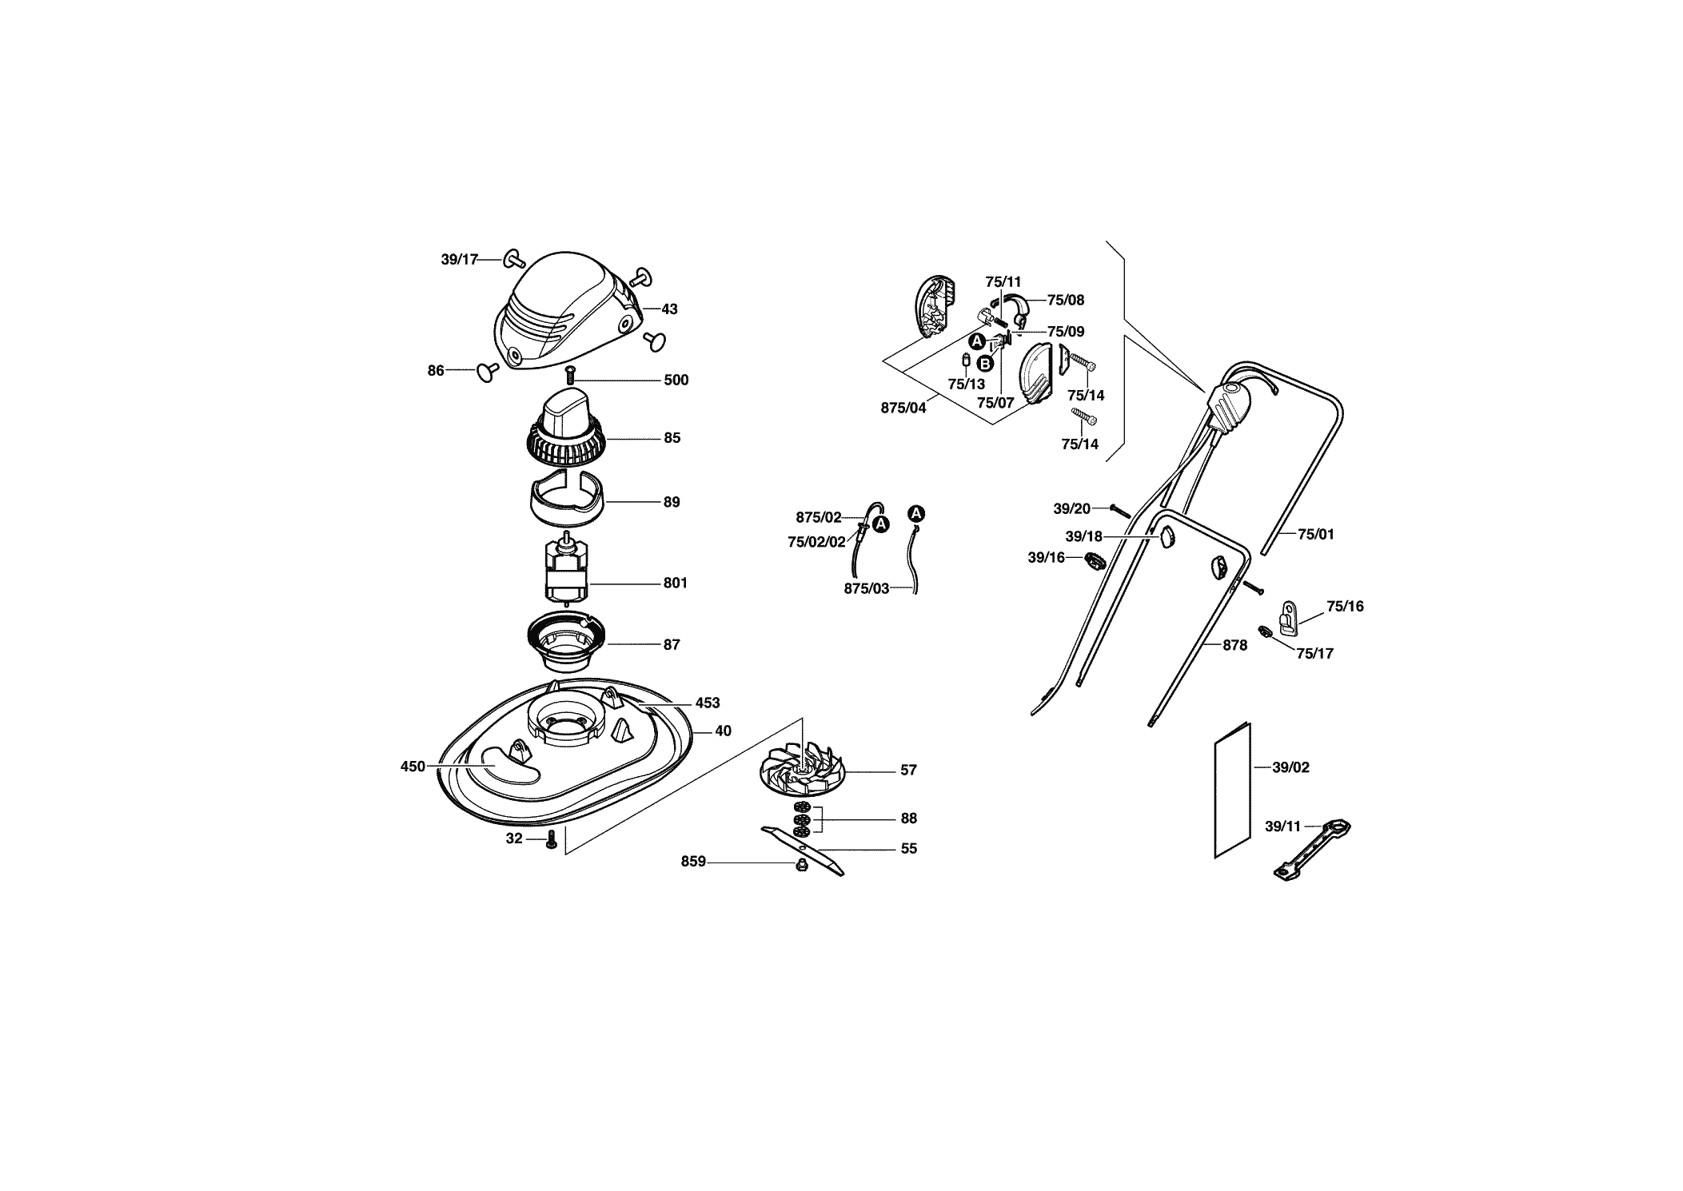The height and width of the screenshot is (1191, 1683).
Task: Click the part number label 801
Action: click(676, 583)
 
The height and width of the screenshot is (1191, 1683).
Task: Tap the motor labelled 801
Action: click(567, 570)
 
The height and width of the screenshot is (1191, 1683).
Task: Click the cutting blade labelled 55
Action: click(802, 850)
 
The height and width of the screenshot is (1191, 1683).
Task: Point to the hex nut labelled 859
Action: click(801, 863)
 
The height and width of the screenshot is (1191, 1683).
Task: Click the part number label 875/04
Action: click(903, 408)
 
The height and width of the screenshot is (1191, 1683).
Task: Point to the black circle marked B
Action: click(985, 364)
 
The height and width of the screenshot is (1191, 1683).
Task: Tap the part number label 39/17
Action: click(459, 259)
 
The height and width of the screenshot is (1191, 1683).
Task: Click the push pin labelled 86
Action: click(487, 370)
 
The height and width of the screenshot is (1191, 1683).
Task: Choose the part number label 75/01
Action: click(1316, 534)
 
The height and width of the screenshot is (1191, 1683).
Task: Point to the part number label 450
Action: click(413, 766)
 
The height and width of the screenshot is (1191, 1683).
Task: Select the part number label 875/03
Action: click(867, 588)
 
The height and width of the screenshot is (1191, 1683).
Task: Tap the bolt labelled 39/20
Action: click(1119, 511)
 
